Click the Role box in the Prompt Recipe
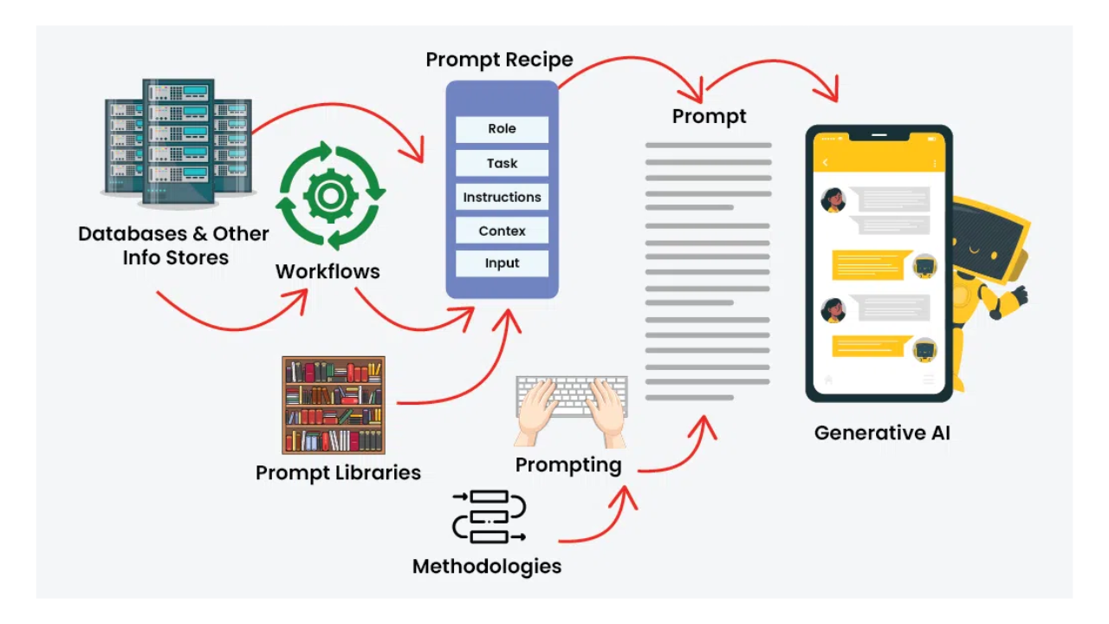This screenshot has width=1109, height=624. click(502, 129)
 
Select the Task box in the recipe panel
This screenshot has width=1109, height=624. click(502, 163)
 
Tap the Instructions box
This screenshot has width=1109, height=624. click(502, 197)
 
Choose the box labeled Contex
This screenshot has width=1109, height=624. click(502, 231)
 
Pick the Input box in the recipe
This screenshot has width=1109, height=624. click(502, 263)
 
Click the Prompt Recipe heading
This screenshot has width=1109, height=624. click(499, 60)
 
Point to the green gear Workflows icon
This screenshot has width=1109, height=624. click(330, 195)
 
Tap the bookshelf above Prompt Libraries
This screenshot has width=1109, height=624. click(334, 405)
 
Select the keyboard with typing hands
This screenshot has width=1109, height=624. click(571, 407)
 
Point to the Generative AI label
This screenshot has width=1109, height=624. click(882, 432)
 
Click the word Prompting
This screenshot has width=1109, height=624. click(568, 465)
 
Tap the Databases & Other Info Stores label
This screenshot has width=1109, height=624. click(174, 245)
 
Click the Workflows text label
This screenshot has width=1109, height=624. click(328, 271)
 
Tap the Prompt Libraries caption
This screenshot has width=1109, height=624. click(338, 472)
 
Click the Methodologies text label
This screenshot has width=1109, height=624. click(487, 567)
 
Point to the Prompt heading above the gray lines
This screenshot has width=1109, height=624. click(709, 116)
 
